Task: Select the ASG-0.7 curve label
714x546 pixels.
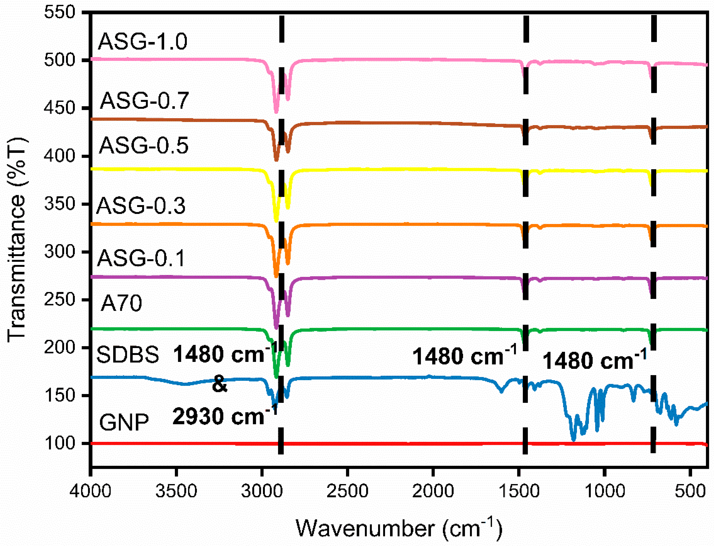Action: pyautogui.click(x=144, y=100)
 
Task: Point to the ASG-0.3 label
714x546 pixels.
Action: pyautogui.click(x=141, y=206)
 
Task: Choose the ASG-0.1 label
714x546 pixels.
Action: pyautogui.click(x=141, y=258)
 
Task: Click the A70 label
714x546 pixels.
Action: pyautogui.click(x=121, y=303)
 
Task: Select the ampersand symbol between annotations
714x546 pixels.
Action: pyautogui.click(x=219, y=385)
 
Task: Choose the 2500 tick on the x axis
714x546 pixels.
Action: pyautogui.click(x=347, y=491)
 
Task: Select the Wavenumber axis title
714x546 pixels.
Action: pyautogui.click(x=399, y=528)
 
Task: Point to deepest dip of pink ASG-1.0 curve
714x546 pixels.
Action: pyautogui.click(x=276, y=112)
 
